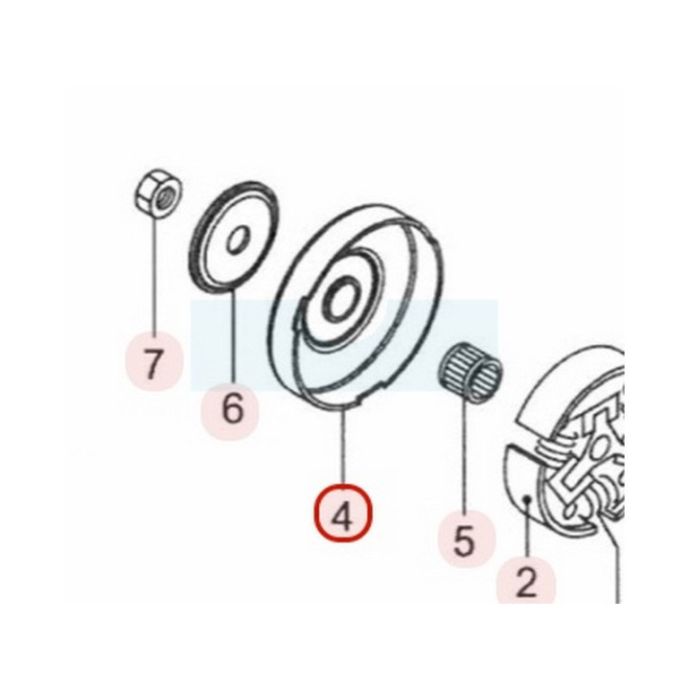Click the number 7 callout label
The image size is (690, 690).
[x=153, y=363]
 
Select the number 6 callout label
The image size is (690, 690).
[x=232, y=409]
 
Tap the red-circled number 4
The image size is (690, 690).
[x=343, y=513]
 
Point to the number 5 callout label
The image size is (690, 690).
[x=464, y=540]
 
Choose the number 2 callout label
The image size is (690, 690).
[x=526, y=582]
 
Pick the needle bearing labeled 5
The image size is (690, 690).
[x=471, y=373]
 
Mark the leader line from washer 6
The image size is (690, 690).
[x=232, y=336]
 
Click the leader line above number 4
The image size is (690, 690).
[x=344, y=446]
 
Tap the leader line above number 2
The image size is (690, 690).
[x=527, y=528]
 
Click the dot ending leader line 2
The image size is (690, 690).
[x=528, y=498]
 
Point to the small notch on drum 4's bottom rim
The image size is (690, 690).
[x=358, y=402]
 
